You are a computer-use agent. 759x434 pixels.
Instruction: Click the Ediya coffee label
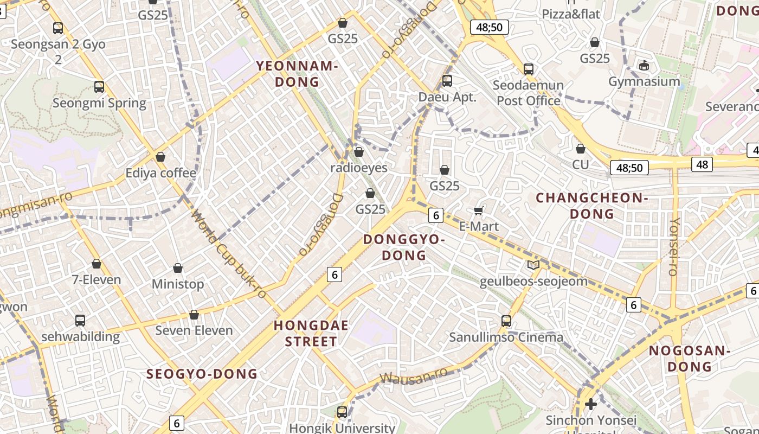pos(160,173)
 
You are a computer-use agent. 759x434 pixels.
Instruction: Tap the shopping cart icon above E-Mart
pos(478,210)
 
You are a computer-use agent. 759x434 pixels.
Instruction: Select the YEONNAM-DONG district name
pos(297,74)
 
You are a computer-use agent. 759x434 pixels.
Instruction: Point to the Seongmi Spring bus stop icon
pos(99,87)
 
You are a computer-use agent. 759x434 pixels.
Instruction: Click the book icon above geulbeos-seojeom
pos(533,265)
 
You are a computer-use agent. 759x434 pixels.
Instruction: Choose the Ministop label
pos(178,284)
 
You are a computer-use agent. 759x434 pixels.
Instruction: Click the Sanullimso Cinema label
pos(506,337)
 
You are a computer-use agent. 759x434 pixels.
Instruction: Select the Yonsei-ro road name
pos(674,247)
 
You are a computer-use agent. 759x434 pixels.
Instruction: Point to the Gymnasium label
pos(644,81)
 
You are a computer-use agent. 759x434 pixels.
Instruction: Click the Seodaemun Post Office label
pos(528,93)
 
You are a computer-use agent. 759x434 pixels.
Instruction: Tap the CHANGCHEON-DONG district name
pos(591,206)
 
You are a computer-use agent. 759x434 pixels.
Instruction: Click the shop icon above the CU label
pos(580,149)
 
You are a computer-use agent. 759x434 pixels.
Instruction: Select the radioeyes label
pos(359,168)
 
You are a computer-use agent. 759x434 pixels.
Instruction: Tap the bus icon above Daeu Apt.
pos(447,81)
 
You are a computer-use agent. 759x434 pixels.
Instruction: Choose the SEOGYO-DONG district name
pos(202,374)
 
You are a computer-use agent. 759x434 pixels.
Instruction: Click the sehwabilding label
pos(80,336)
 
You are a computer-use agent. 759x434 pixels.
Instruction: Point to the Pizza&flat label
pos(571,14)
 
